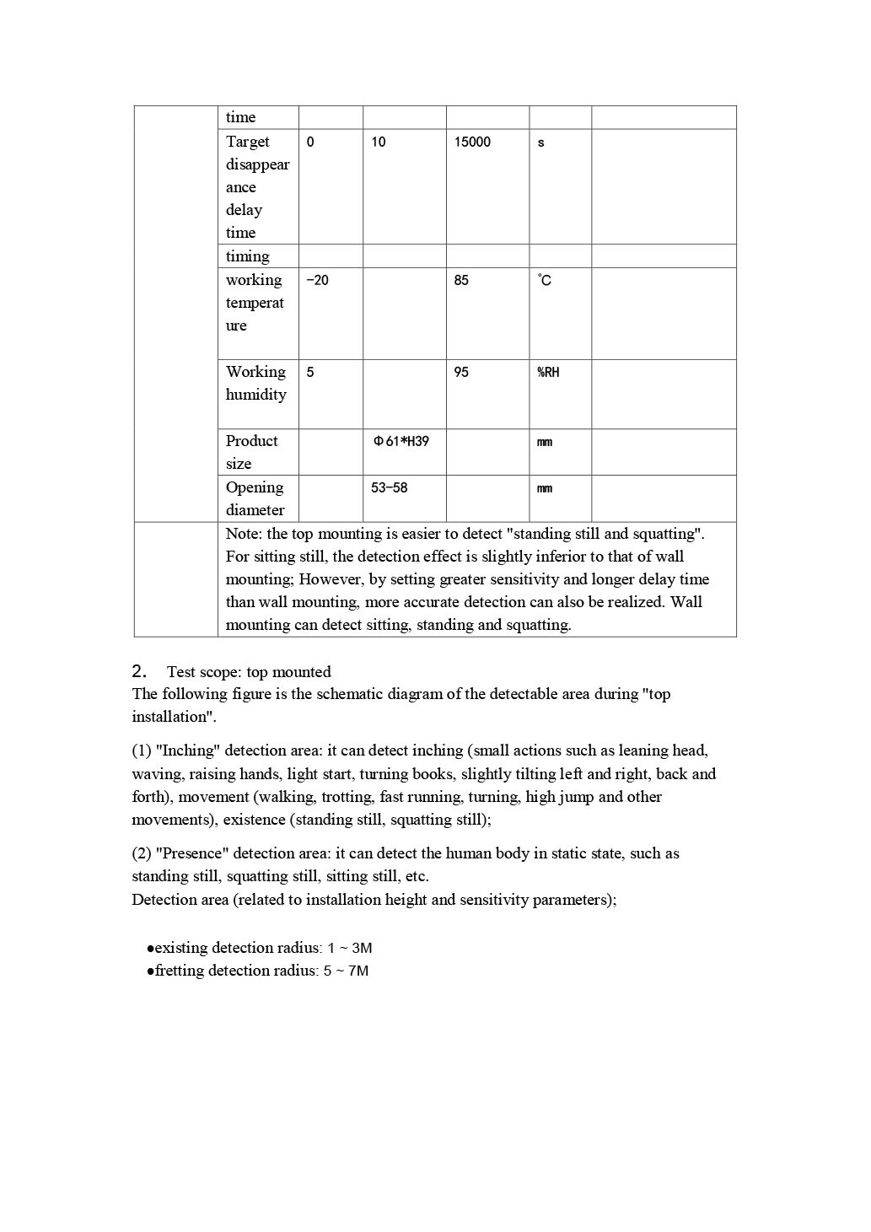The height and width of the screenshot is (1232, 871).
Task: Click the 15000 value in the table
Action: coord(472,142)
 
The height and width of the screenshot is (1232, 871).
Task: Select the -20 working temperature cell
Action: coord(317,280)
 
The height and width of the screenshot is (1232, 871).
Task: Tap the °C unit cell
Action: coord(545,280)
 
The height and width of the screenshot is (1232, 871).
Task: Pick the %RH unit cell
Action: coord(548,372)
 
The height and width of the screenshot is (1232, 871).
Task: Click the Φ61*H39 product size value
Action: coord(401,441)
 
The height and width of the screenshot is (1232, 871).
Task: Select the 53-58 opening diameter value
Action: coord(389,487)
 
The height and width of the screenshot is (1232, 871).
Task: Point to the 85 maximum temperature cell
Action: coord(461,280)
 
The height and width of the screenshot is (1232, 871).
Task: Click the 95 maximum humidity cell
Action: coord(461,372)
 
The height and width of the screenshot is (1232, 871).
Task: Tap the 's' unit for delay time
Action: coord(540,143)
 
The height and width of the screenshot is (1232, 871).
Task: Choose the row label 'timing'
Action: coord(247,256)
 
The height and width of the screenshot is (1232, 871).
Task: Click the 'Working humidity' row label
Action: coord(255,383)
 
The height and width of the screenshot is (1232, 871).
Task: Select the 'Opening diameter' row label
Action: coord(255,498)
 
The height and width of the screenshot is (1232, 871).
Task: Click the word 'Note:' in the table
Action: coord(245,534)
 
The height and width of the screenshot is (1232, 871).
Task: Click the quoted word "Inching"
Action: coord(188,750)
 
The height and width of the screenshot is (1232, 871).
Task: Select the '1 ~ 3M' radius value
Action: coord(350,948)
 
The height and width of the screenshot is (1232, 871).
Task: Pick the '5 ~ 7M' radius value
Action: coord(346,971)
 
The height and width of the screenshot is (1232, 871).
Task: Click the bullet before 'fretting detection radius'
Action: coord(150,971)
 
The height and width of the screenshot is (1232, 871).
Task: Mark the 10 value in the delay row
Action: coord(379,142)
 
